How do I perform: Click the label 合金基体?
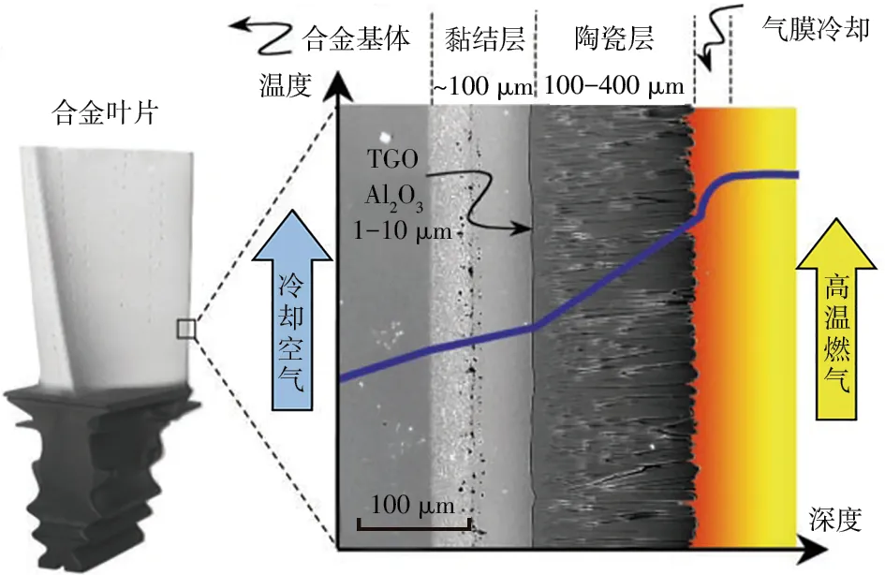[358, 38]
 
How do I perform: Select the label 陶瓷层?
[613, 38]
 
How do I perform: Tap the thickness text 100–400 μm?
[614, 88]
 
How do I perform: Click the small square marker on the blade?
[186, 329]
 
